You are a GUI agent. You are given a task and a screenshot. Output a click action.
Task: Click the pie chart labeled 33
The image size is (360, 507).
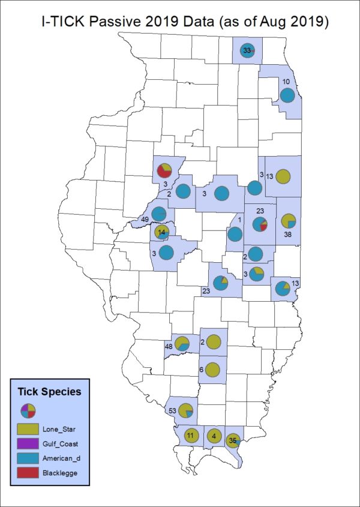click(247, 51)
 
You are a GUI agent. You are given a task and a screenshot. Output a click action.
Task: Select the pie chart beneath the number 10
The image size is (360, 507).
click(287, 95)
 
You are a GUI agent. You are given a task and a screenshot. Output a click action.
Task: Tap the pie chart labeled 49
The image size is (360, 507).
click(159, 214)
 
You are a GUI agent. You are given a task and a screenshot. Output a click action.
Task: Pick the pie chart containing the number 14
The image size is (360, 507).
click(161, 232)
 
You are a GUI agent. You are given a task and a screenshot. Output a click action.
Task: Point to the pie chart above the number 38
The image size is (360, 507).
click(289, 220)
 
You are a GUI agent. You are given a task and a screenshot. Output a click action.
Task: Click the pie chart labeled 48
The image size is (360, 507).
click(182, 344)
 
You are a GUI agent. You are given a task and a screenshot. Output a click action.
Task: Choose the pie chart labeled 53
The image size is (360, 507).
click(186, 411)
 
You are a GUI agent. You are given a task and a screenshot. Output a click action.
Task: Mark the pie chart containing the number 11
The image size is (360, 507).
click(191, 436)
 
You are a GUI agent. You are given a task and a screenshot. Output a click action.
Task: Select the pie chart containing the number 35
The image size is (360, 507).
click(233, 441)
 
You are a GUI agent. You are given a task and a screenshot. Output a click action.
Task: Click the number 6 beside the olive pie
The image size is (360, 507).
click(201, 370)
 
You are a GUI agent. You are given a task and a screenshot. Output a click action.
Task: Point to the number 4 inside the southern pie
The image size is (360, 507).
click(214, 436)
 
